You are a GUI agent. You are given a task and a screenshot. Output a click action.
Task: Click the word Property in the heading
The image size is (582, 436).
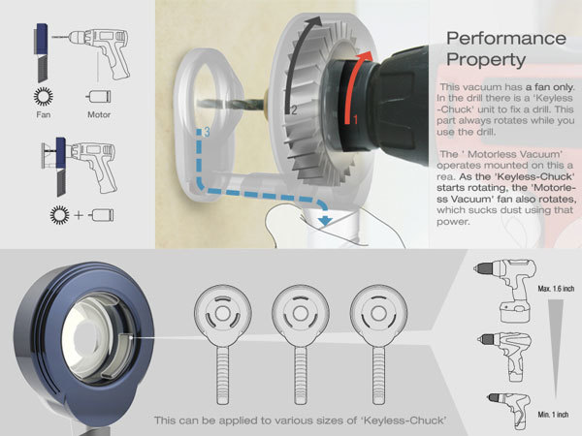(x=481, y=60)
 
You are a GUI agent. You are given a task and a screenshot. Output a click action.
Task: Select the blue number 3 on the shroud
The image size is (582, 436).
(x=205, y=129)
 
